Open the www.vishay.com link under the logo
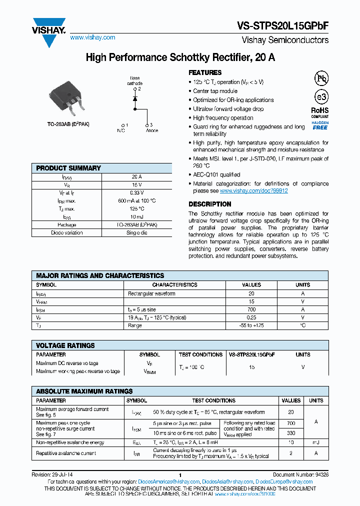(x=92, y=37)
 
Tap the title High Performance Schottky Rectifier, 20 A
(x=180, y=57)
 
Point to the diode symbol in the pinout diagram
(x=134, y=99)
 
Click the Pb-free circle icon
(x=320, y=78)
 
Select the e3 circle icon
(x=320, y=97)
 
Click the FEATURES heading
(x=205, y=72)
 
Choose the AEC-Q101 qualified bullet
(x=216, y=174)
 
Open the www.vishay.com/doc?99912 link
(x=253, y=191)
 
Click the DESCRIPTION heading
(x=209, y=204)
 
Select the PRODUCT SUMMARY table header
(x=68, y=168)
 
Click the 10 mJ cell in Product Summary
(x=136, y=216)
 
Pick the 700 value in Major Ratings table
(x=251, y=309)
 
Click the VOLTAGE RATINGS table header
(x=65, y=345)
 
